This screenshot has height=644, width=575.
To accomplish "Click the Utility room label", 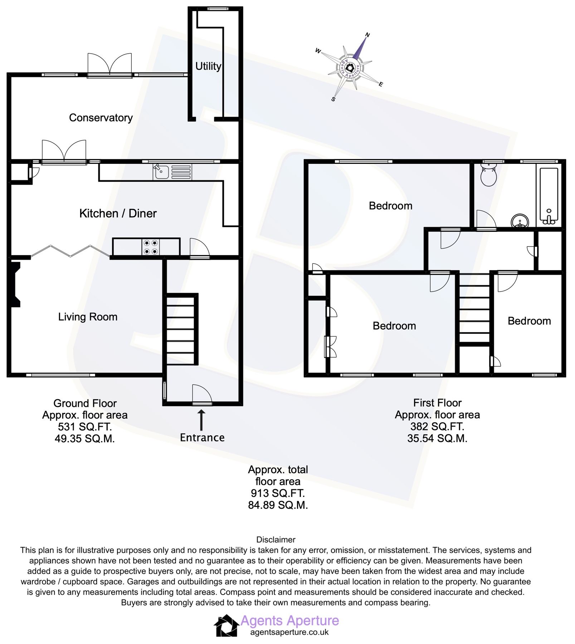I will coord(208,66).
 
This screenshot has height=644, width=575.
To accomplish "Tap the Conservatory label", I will coord(101,118).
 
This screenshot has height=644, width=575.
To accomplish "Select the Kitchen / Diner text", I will coord(118,214).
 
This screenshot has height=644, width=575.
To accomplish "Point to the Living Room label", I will coord(88,317).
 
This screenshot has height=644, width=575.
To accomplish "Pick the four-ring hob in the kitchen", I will coord(151,247).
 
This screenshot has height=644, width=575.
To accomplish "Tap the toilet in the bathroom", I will coord(488,175).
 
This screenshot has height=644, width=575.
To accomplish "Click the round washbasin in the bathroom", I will coord(520,221).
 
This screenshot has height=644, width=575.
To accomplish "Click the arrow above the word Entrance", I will coord(201,420).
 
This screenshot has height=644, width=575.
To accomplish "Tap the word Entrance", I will coord(202,438).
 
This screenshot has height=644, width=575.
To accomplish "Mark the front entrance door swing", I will coord(201,395).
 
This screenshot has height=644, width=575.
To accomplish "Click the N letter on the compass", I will coord(367,35).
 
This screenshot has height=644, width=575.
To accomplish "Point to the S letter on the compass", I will coord(333,99).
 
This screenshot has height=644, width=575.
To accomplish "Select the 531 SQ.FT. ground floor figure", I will coord(85,427).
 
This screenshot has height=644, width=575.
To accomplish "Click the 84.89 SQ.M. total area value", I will coord(278,505).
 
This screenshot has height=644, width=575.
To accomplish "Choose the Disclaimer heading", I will coord(276,540).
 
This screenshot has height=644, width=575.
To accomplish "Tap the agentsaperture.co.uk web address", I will coord(289,632).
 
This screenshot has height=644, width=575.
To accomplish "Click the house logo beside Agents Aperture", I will coord(226,626).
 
